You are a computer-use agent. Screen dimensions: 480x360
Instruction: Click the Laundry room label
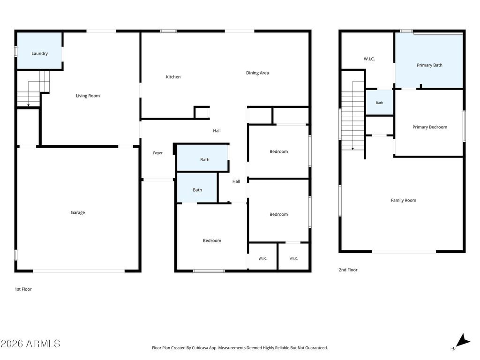point(39,53)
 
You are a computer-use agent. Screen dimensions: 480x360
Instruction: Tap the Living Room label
point(88,96)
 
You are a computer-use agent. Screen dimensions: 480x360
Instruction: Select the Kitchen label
point(173,77)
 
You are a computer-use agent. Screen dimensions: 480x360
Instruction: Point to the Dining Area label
point(257,73)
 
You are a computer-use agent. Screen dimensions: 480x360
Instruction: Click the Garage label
point(78,212)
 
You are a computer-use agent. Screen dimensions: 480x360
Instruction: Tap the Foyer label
point(158,153)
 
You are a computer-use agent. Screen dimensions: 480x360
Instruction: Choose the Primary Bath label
point(429,65)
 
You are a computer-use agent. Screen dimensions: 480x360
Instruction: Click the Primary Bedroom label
point(430,127)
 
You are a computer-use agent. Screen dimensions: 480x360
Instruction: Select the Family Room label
point(404,200)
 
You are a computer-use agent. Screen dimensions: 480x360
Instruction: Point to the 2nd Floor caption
point(348,270)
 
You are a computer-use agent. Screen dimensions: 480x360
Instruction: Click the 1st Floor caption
point(23,289)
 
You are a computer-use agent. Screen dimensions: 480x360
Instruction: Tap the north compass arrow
point(463,341)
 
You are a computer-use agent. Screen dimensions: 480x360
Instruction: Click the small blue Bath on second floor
point(379,103)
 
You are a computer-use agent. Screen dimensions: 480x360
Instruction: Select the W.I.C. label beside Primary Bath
point(369,59)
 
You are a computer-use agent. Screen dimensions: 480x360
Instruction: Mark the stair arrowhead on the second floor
point(352,149)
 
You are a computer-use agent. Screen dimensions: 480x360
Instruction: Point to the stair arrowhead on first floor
point(29,105)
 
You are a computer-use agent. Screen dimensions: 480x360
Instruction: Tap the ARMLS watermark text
point(30,344)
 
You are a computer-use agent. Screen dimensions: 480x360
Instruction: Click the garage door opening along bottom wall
point(79,271)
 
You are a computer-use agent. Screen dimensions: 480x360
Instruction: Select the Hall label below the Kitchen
point(217,131)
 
